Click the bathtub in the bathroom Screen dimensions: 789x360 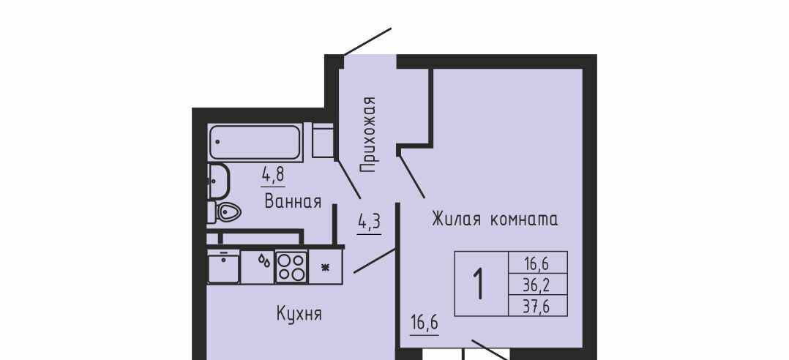(255, 143)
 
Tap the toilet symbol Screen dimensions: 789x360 (225, 212)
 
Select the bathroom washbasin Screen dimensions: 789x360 (218, 181)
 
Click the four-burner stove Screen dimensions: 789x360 (291, 267)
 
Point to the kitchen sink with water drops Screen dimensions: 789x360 (258, 267)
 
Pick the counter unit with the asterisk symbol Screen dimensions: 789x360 (325, 267)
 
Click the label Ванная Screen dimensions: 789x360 (293, 202)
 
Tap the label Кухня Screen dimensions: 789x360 (299, 314)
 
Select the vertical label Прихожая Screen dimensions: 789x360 (369, 135)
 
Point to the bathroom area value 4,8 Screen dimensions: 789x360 (273, 176)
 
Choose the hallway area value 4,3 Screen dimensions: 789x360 (369, 222)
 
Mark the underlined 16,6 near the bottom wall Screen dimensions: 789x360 (425, 322)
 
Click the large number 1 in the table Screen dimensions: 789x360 (480, 284)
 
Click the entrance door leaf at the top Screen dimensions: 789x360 (367, 41)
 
